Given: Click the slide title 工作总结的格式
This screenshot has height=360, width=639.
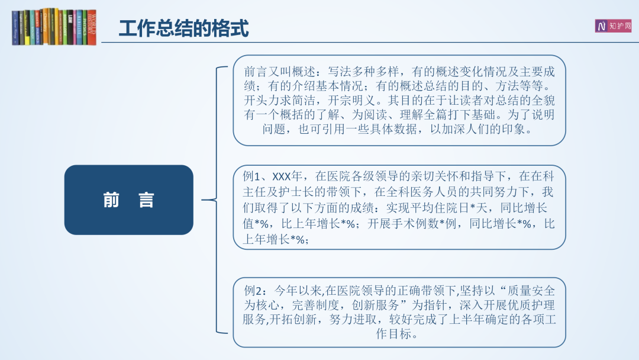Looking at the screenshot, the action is (x=184, y=28).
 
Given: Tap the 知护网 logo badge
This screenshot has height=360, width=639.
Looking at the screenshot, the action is (x=613, y=26).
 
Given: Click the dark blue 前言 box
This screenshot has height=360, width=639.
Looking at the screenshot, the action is (x=129, y=200).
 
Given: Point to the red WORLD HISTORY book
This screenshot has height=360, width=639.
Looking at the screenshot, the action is (x=92, y=27).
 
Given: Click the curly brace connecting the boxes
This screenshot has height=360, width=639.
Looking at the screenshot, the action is (x=217, y=200).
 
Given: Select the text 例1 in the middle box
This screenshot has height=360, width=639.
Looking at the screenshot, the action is (x=251, y=176).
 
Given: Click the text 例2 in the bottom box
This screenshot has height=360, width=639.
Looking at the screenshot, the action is (x=252, y=291).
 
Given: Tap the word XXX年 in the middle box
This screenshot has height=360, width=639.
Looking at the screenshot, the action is (x=287, y=176).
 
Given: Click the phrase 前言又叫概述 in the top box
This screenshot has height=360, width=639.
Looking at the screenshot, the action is (x=279, y=72).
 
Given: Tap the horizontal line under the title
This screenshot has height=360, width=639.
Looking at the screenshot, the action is (x=370, y=42).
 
